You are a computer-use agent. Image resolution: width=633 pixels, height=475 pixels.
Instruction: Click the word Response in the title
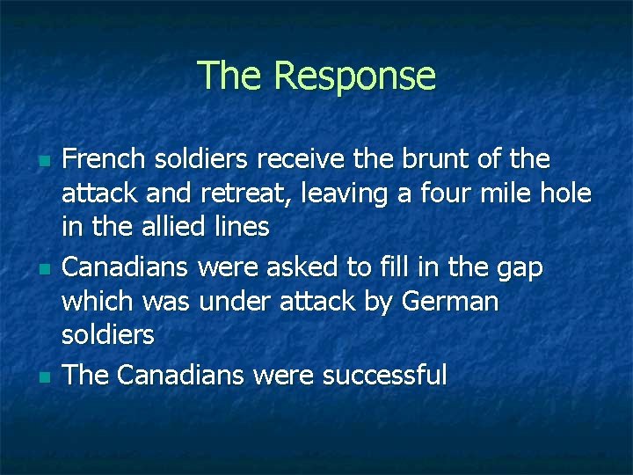[354, 76]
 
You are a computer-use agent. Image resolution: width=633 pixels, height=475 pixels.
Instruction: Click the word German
[449, 301]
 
